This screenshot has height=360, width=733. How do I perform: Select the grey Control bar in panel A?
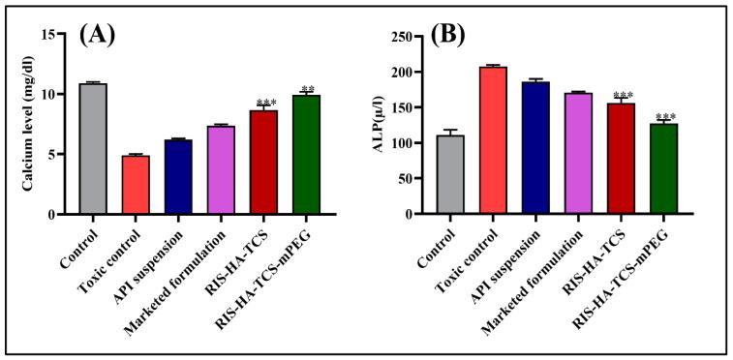tap(93, 149)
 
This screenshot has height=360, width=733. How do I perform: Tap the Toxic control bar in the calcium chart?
tap(136, 185)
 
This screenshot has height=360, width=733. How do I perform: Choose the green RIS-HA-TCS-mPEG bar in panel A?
tap(306, 155)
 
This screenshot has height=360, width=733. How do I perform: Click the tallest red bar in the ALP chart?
tap(492, 140)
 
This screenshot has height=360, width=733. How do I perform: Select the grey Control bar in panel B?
tap(449, 175)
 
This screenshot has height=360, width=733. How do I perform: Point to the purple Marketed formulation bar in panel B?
tap(577, 154)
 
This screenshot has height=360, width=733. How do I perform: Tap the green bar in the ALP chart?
tap(662, 169)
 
